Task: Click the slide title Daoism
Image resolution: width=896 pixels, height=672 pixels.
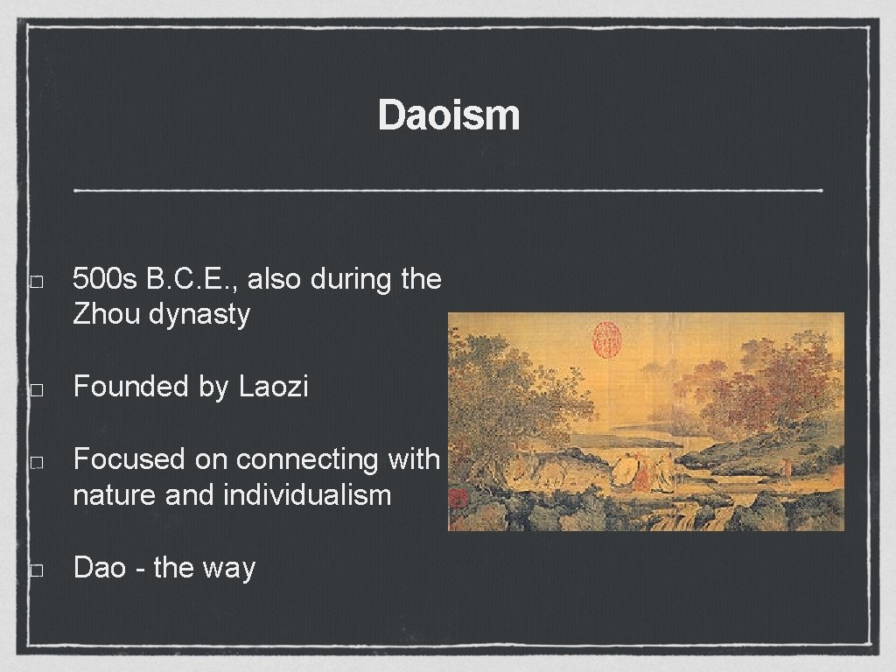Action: [448, 115]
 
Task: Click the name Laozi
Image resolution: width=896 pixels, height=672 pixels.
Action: [273, 387]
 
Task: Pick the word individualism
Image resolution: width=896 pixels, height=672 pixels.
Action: [307, 495]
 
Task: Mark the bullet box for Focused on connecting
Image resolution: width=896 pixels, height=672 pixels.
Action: [35, 462]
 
